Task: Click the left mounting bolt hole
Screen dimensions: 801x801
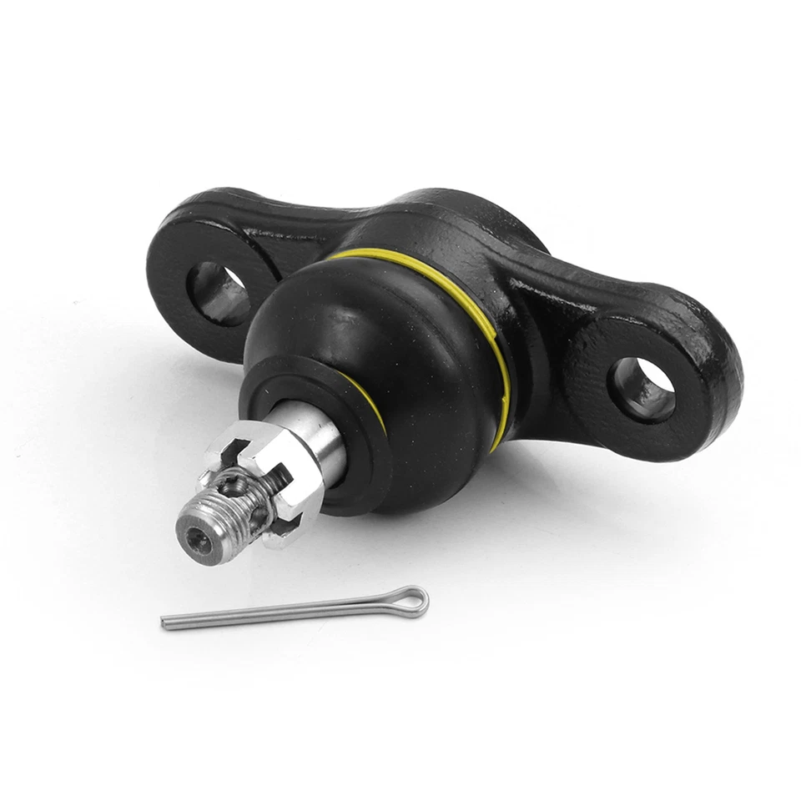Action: click(219, 292)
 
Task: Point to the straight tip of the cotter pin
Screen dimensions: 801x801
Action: click(167, 622)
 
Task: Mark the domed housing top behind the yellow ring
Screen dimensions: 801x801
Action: click(451, 225)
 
